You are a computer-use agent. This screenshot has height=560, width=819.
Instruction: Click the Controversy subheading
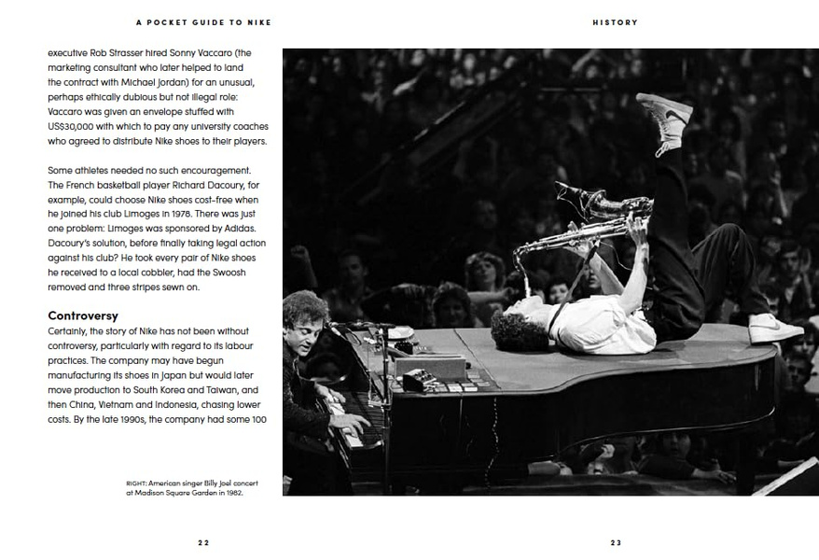pyautogui.click(x=83, y=316)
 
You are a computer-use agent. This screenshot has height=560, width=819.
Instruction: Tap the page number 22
pyautogui.click(x=203, y=542)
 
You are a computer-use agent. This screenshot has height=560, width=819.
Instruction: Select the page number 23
pyautogui.click(x=616, y=542)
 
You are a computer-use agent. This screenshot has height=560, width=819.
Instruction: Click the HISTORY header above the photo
pyautogui.click(x=615, y=22)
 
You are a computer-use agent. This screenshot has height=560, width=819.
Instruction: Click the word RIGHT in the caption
pyautogui.click(x=136, y=483)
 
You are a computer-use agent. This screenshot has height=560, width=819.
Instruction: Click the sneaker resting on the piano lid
pyautogui.click(x=774, y=328)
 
